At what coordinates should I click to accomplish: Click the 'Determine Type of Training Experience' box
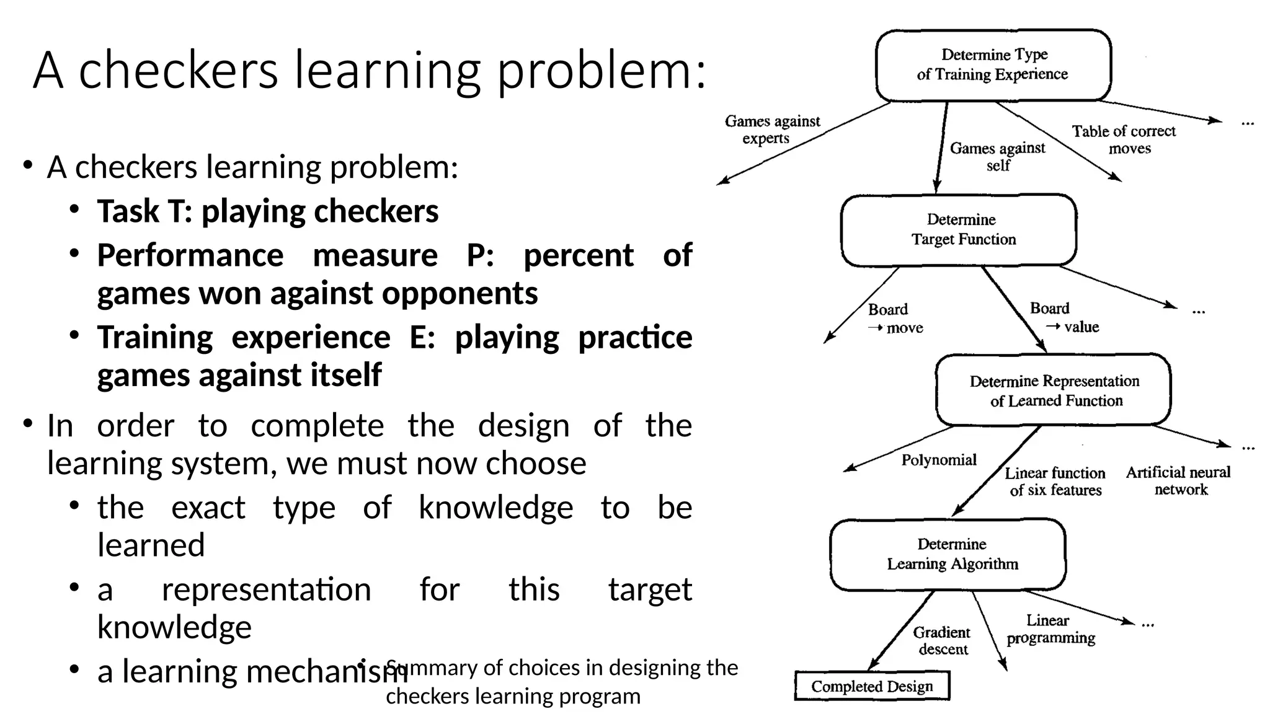tap(993, 65)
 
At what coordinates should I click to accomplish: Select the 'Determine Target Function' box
tap(959, 230)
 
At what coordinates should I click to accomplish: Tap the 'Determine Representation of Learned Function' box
tap(1053, 390)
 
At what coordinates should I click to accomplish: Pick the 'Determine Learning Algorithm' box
tap(948, 554)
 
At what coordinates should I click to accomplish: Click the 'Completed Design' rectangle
tap(872, 686)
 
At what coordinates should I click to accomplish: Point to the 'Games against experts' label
tap(772, 130)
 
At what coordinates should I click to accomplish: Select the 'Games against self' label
tap(997, 157)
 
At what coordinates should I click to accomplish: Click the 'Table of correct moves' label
tap(1124, 139)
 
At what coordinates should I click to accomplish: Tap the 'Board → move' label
tap(895, 319)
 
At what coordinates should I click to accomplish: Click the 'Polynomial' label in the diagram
tap(939, 460)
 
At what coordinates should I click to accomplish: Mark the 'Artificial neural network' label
tap(1178, 481)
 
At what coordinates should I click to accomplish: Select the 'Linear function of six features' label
tap(1055, 482)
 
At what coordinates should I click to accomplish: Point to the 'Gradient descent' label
tap(942, 641)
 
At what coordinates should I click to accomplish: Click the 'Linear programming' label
tap(1050, 629)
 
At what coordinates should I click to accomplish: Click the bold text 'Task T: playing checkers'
tap(267, 211)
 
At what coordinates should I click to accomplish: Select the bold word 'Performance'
tap(190, 255)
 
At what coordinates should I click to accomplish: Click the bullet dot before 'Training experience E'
tap(74, 335)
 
